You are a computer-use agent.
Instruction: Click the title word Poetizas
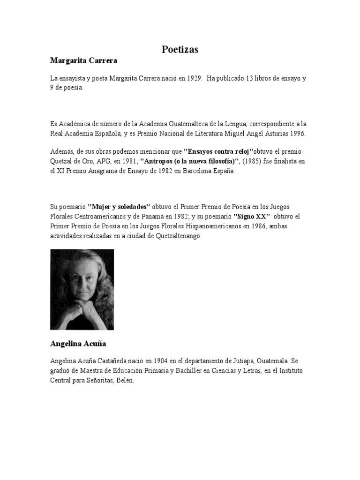coord(180,49)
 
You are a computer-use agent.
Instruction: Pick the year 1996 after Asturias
coord(296,134)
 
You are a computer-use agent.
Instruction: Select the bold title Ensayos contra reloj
coord(218,152)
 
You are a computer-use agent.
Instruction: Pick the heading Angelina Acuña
coord(78,344)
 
